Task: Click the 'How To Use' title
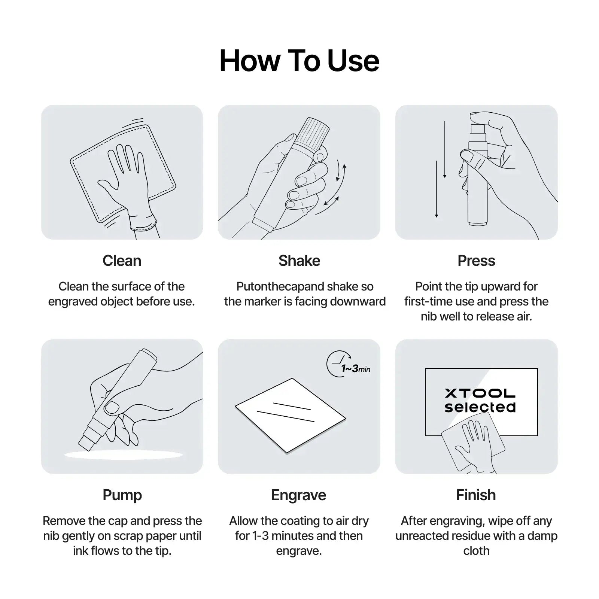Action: (299, 61)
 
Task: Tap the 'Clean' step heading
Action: (122, 261)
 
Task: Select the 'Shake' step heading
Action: (299, 261)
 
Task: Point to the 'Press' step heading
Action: (476, 261)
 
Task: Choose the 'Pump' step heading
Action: (122, 495)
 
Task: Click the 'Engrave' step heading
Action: (299, 495)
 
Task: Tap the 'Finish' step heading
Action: (476, 495)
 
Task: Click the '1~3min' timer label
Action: (356, 369)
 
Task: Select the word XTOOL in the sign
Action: (480, 393)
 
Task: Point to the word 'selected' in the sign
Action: (480, 407)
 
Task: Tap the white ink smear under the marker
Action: (124, 455)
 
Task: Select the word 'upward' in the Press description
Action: (496, 286)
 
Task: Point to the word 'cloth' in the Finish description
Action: (476, 551)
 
